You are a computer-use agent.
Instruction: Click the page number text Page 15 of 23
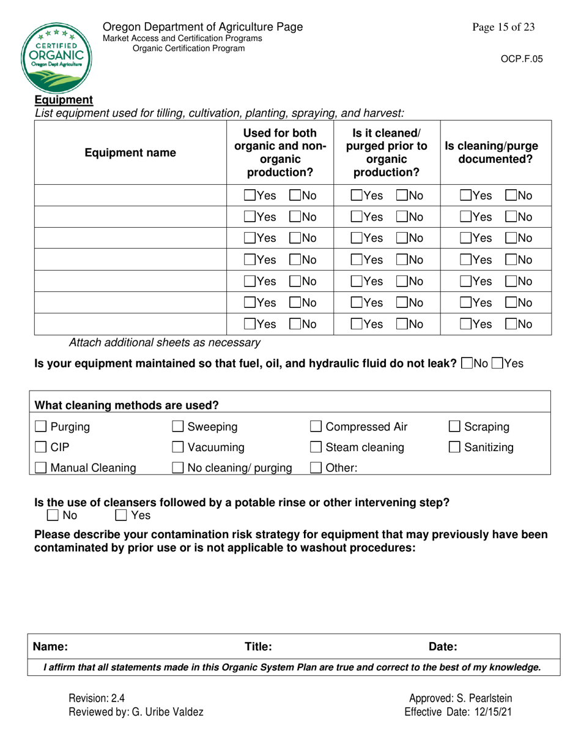coord(503,27)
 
